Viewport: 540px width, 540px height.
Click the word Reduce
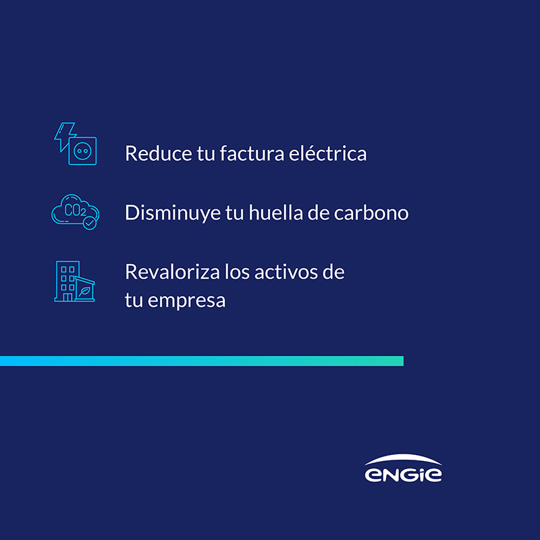tap(159, 153)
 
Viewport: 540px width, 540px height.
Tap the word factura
tap(252, 153)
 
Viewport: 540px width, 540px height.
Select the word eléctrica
tap(327, 153)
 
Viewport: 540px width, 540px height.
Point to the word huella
tap(275, 212)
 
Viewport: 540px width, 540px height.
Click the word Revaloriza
tap(172, 272)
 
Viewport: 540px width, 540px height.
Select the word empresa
tap(186, 301)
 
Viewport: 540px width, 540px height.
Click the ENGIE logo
tap(403, 468)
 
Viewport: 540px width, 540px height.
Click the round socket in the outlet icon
tap(82, 151)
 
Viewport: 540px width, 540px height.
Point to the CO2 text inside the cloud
tap(75, 210)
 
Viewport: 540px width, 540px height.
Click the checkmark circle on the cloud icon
tap(90, 223)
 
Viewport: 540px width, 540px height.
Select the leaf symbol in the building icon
tap(84, 292)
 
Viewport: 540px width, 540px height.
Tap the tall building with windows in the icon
tap(67, 281)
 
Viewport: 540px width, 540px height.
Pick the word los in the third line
tap(237, 272)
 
